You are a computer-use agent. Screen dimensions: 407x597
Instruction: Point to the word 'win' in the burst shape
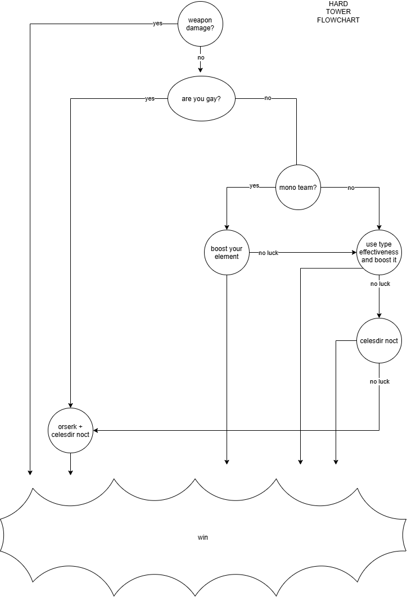click(x=203, y=537)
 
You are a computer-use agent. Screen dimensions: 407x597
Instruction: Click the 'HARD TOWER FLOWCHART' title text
click(x=338, y=12)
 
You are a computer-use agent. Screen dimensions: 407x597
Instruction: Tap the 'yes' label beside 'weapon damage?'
click(x=157, y=23)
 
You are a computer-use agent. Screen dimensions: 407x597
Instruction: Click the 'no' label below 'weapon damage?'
click(x=201, y=57)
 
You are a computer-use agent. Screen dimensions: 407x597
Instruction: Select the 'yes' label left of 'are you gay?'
click(x=150, y=99)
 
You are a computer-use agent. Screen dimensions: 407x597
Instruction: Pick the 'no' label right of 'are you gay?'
click(x=268, y=98)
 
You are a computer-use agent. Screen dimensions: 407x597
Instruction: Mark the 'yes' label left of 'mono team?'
click(x=254, y=186)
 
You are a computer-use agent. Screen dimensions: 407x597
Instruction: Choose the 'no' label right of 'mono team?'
click(x=351, y=188)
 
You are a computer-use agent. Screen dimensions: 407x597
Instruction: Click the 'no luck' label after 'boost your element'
click(x=269, y=253)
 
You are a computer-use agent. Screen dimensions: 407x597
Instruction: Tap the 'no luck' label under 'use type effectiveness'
click(x=381, y=284)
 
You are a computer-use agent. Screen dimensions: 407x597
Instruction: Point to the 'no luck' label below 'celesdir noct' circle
click(x=380, y=381)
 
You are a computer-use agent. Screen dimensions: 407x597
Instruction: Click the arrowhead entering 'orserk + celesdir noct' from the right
click(x=96, y=431)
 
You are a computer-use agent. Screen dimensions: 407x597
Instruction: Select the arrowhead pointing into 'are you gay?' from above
click(x=201, y=70)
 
